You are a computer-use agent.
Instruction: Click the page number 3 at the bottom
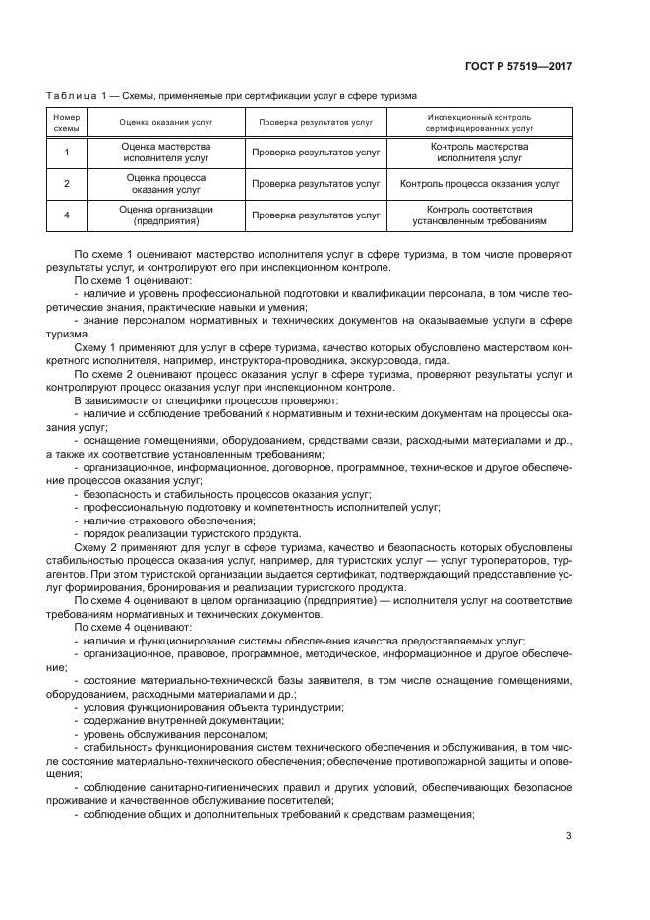(x=569, y=836)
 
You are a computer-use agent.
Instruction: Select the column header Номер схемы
(x=66, y=122)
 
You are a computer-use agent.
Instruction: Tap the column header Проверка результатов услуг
(x=316, y=123)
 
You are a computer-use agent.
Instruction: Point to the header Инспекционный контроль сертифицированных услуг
(x=479, y=122)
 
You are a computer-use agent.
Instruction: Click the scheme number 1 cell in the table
(x=66, y=152)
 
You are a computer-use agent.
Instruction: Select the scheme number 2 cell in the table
(x=66, y=183)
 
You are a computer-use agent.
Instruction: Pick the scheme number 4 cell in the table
(x=66, y=215)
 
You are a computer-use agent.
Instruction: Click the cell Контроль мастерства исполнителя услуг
(x=479, y=152)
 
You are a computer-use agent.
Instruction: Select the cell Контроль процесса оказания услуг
(x=479, y=183)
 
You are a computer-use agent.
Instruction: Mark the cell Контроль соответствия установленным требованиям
(x=479, y=215)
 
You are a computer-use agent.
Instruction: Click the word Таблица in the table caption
(x=69, y=96)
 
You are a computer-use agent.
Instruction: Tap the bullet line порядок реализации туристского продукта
(x=192, y=534)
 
